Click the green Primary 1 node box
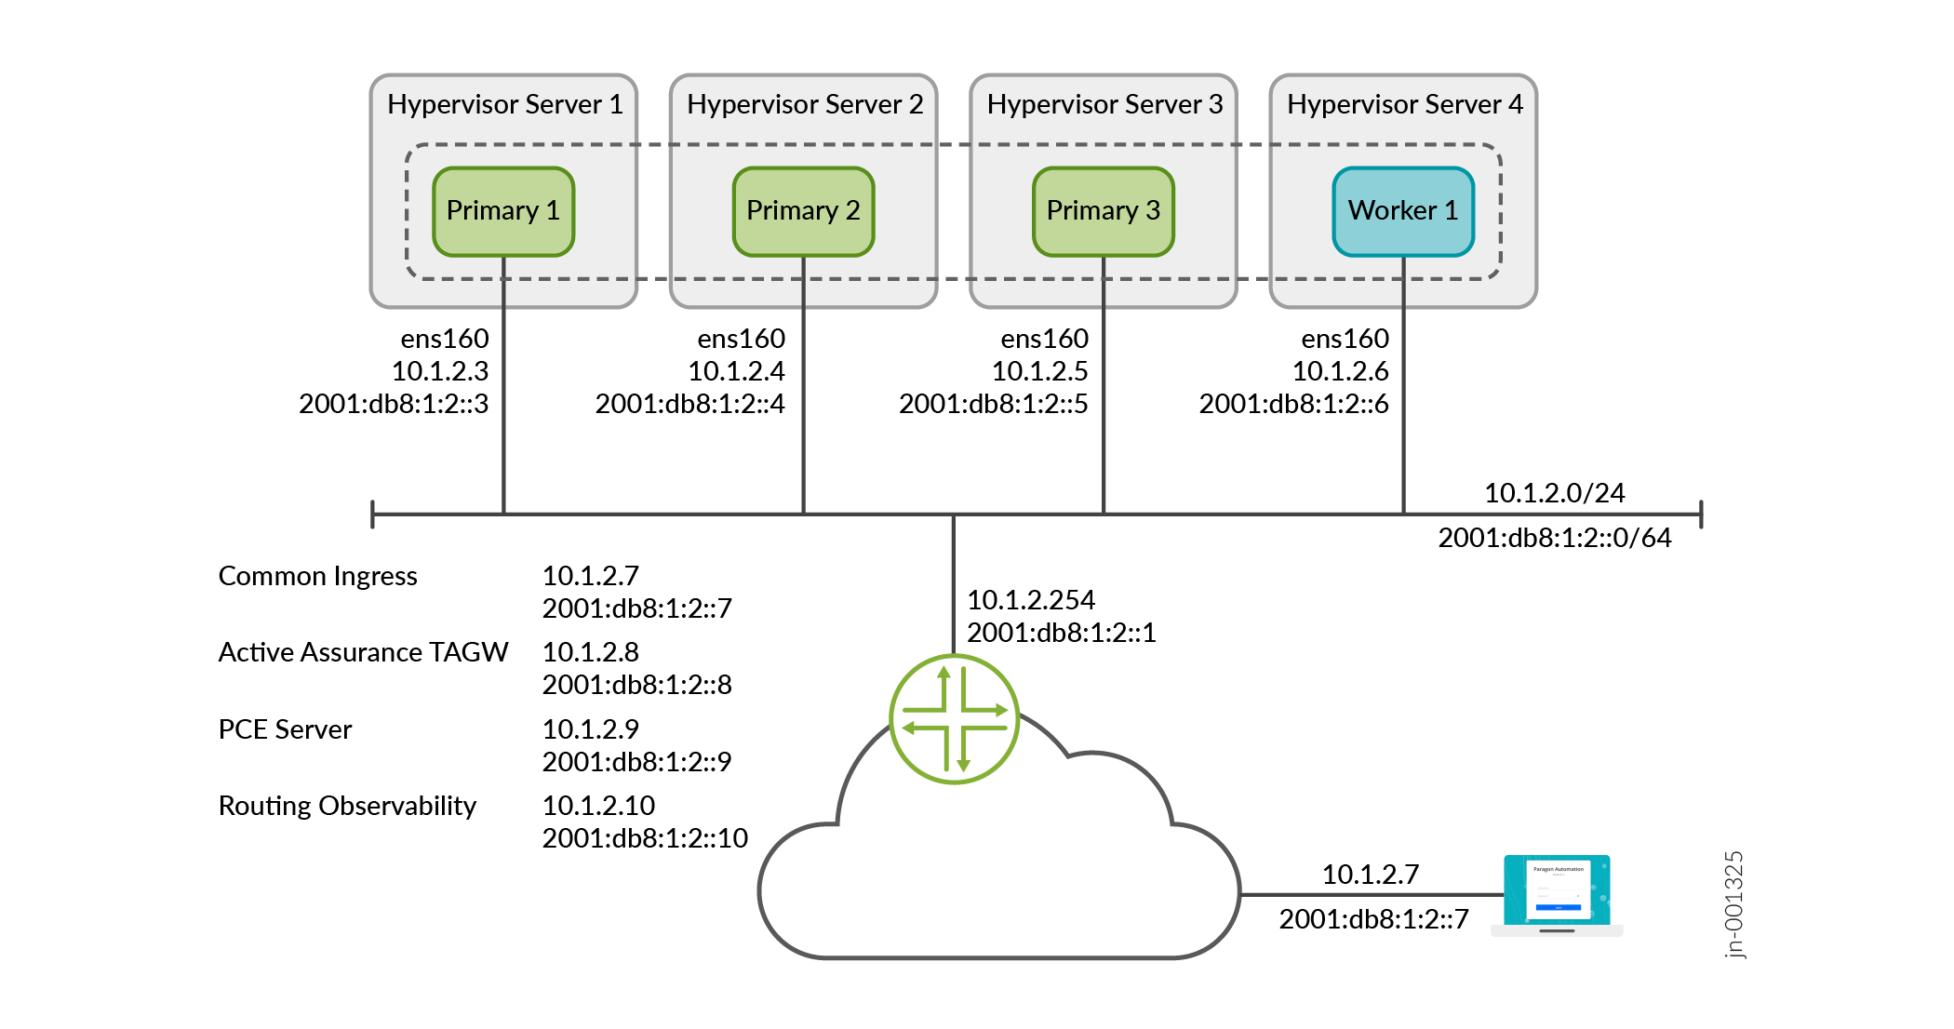tap(503, 211)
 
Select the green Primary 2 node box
tap(803, 211)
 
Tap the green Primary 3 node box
tap(1103, 211)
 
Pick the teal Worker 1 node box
tap(1403, 211)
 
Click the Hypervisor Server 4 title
tap(1404, 104)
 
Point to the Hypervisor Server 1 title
tap(504, 104)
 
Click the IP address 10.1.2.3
tap(439, 371)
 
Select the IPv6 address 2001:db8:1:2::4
tap(689, 404)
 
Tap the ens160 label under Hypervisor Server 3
tap(1044, 339)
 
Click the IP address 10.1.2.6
tap(1340, 371)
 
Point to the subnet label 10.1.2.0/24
tap(1554, 493)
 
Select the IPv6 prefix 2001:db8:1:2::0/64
tap(1554, 538)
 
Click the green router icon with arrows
tap(954, 719)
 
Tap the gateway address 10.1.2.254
tap(1031, 600)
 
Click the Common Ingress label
tap(317, 576)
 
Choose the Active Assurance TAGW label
tap(363, 652)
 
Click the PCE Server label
tap(285, 729)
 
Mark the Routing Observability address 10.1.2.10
tap(598, 806)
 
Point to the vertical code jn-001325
tap(1733, 904)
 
